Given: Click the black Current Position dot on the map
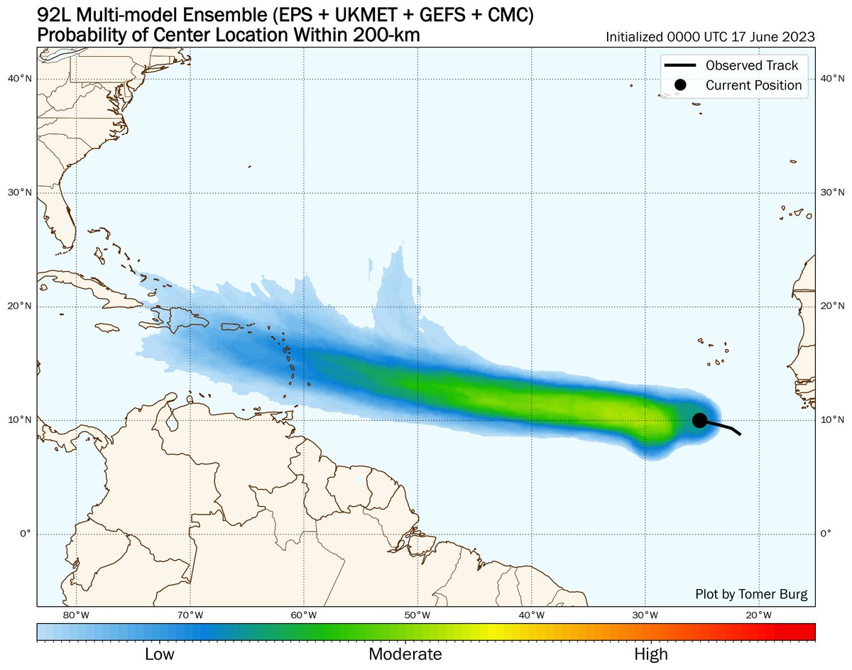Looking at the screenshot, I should click(x=699, y=420).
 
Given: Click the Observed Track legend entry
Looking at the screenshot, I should click(x=751, y=66).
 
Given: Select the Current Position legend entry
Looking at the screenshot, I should click(x=753, y=85).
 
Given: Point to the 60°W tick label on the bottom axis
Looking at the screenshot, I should click(x=304, y=615).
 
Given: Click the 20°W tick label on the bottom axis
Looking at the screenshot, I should click(x=759, y=615).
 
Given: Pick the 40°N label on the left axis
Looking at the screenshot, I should click(x=25, y=79).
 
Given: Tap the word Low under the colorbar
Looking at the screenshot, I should click(x=160, y=654).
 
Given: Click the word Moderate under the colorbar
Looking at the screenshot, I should click(x=405, y=654).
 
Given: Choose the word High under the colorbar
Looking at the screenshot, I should click(x=650, y=654).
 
